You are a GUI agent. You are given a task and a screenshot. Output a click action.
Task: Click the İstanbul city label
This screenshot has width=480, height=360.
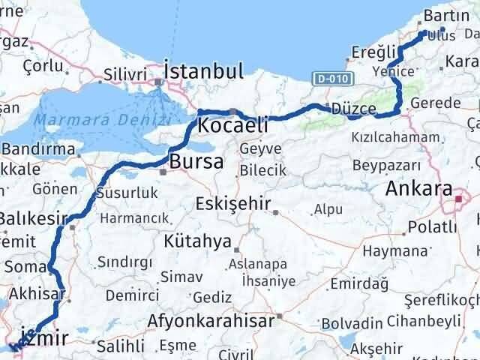tap(203, 72)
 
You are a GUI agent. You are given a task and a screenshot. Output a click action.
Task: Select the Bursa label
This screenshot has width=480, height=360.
tap(196, 161)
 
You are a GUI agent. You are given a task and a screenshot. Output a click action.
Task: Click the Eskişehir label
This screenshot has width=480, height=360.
tap(229, 203)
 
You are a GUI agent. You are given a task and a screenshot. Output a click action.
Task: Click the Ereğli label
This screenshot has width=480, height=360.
tap(373, 52)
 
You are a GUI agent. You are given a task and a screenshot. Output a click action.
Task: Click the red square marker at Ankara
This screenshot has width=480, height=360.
tap(459, 199)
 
